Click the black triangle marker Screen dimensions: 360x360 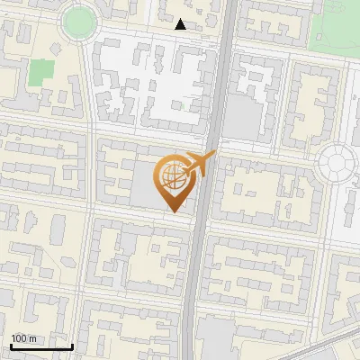coord(181,24)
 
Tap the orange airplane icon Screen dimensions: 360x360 coord(198,165)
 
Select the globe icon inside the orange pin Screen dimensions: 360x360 coord(173,177)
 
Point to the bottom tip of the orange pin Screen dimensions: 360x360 coord(174,212)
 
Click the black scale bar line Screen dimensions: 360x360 coord(41,347)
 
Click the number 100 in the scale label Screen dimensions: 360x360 coord(19,338)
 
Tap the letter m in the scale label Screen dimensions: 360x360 coord(31,338)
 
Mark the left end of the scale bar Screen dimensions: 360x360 coord(11,347)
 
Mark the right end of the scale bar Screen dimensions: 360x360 coord(72,347)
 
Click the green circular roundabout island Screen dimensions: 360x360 coord(79,19)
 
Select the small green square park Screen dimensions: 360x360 coord(40,72)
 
